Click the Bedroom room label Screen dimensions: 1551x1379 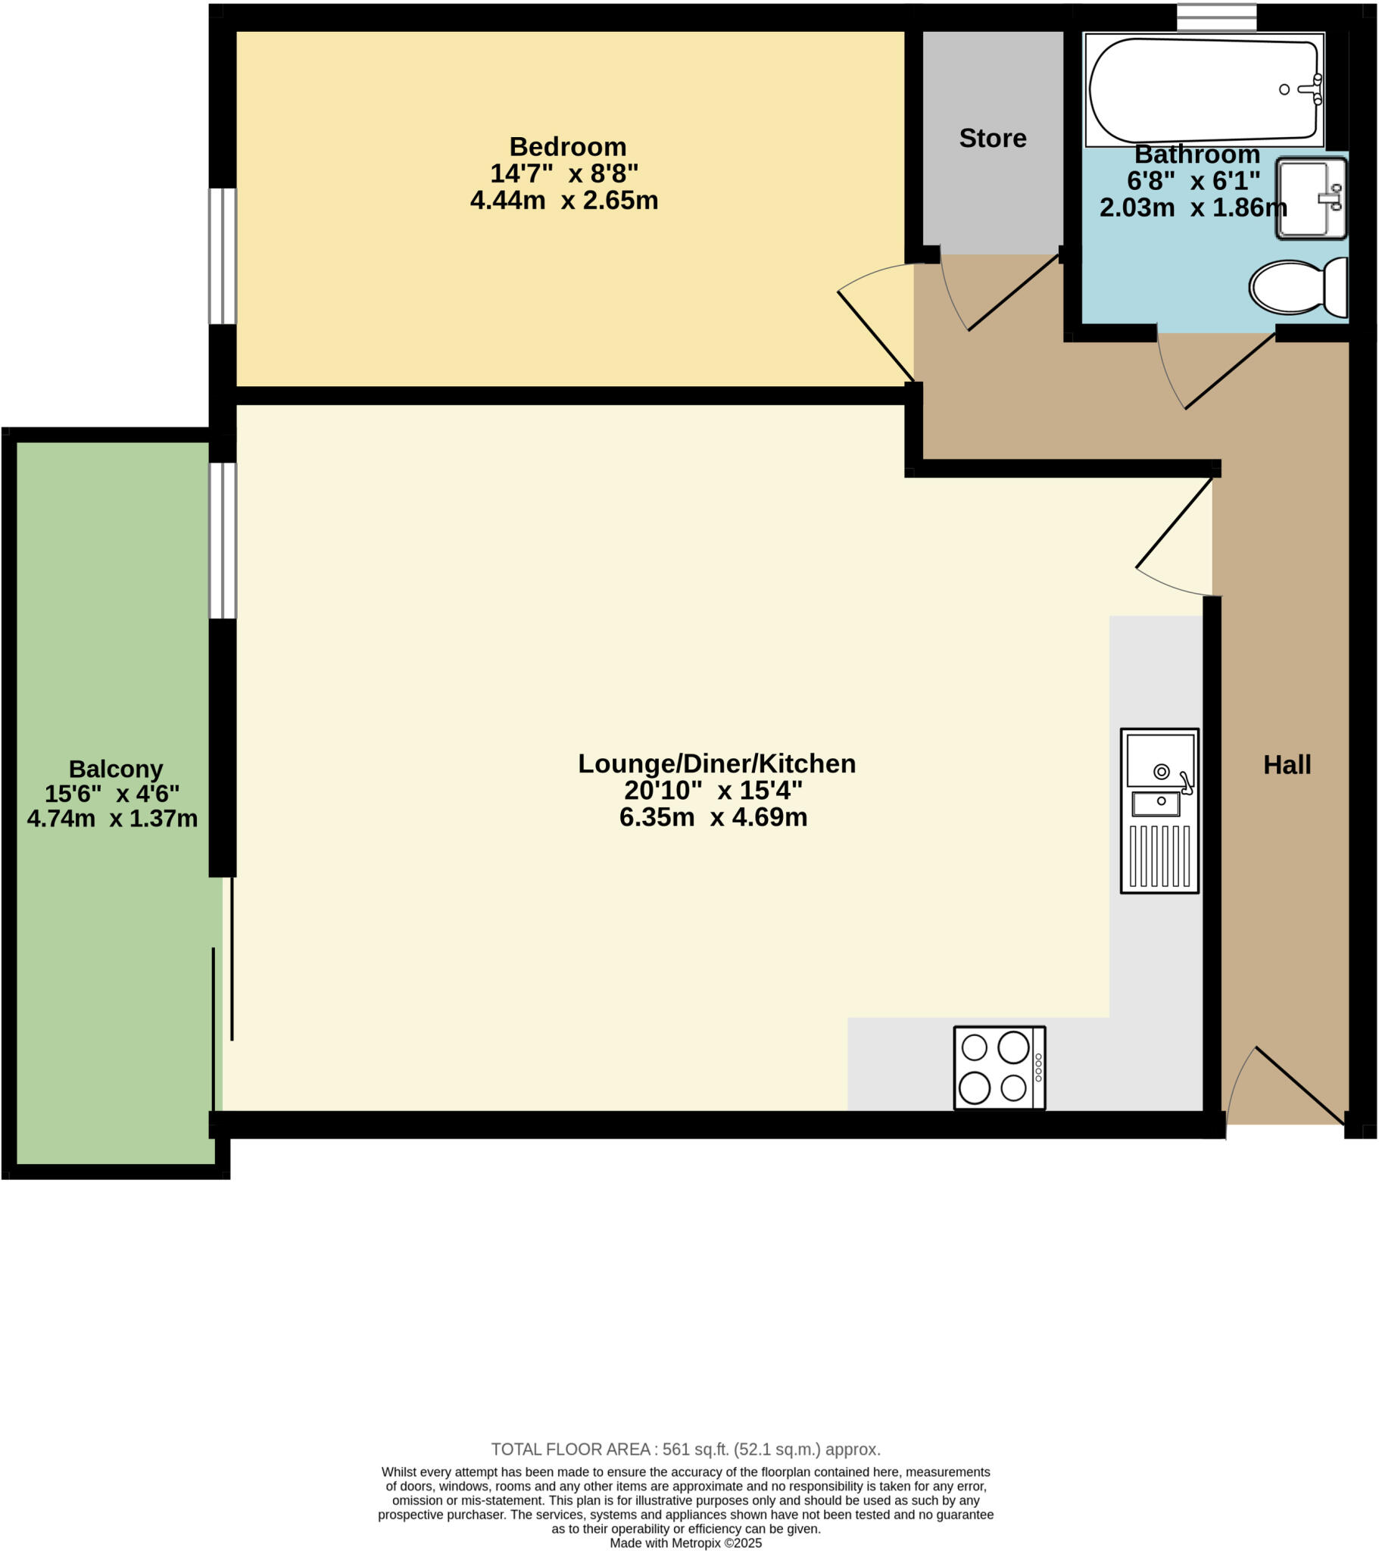pos(568,146)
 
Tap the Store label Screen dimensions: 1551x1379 pos(992,138)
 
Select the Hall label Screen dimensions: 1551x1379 pos(1287,765)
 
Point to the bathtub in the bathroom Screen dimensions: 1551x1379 pos(1203,89)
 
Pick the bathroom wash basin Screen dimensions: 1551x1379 pos(1311,198)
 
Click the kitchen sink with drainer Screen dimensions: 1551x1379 pos(1159,810)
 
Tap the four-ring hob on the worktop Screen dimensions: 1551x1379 pos(999,1068)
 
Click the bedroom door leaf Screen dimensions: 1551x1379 pos(875,336)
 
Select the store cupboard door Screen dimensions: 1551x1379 pos(1013,293)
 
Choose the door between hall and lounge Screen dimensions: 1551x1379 pos(1173,523)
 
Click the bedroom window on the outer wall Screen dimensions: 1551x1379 pos(223,257)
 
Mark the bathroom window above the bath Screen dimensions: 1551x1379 pos(1216,17)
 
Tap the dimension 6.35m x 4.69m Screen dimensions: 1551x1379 pos(713,817)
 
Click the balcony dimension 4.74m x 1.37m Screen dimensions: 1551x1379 pos(112,819)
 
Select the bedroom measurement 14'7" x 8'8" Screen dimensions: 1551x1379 pos(564,173)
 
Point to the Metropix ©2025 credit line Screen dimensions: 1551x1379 pos(685,1543)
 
